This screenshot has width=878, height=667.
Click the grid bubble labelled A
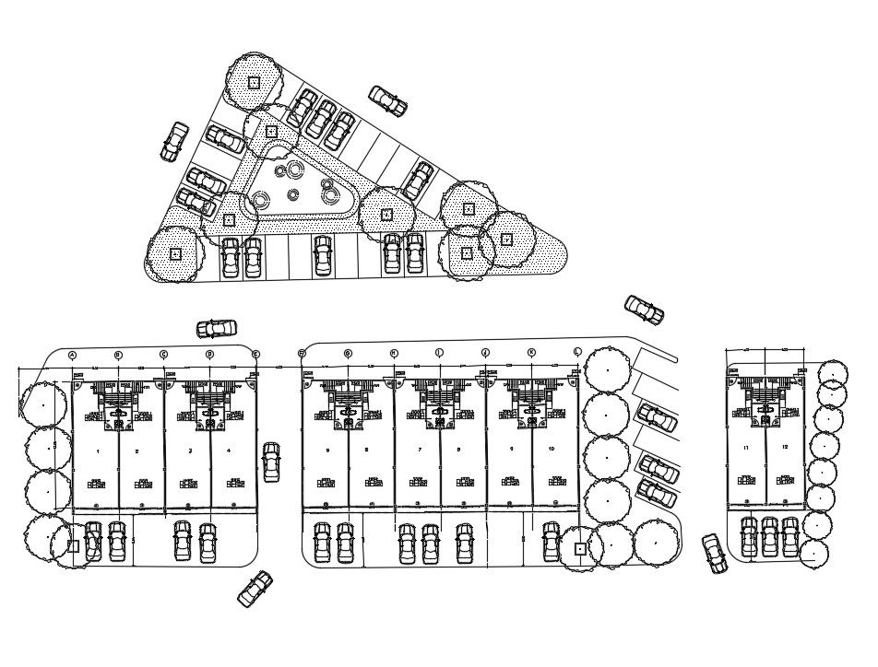point(72,355)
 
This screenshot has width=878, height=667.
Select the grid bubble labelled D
point(209,355)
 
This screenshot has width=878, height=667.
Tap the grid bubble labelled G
point(348,354)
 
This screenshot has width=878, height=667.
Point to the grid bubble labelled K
point(531,353)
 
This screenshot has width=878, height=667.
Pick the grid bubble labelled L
point(577,353)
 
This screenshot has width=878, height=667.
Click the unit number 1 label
point(97,451)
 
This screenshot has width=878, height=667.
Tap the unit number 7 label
point(421,451)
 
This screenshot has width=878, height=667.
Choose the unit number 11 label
point(745,448)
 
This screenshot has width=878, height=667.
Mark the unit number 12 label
point(785,448)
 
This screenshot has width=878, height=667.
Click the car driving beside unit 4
point(271,462)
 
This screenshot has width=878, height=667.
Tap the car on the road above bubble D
point(217,328)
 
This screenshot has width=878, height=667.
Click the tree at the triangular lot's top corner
point(255,81)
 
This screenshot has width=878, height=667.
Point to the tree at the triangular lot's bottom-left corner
point(175,252)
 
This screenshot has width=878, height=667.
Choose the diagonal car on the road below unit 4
point(255,589)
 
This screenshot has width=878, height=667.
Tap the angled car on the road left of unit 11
point(715,552)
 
